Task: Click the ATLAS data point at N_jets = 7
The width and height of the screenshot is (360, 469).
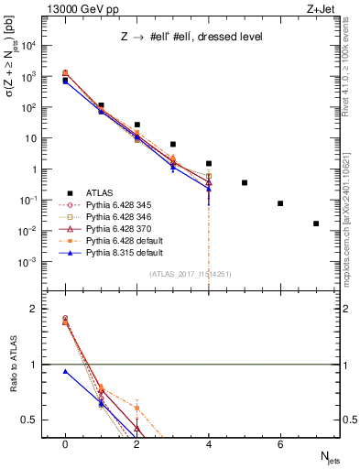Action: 316,224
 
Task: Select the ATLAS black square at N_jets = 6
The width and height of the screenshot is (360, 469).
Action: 280,203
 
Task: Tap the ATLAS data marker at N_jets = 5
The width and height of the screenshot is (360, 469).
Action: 245,183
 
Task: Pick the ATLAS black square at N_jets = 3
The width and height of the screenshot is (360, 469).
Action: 173,144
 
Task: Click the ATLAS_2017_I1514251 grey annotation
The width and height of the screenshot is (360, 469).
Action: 191,274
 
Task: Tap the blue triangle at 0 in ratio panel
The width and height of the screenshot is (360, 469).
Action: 65,371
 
